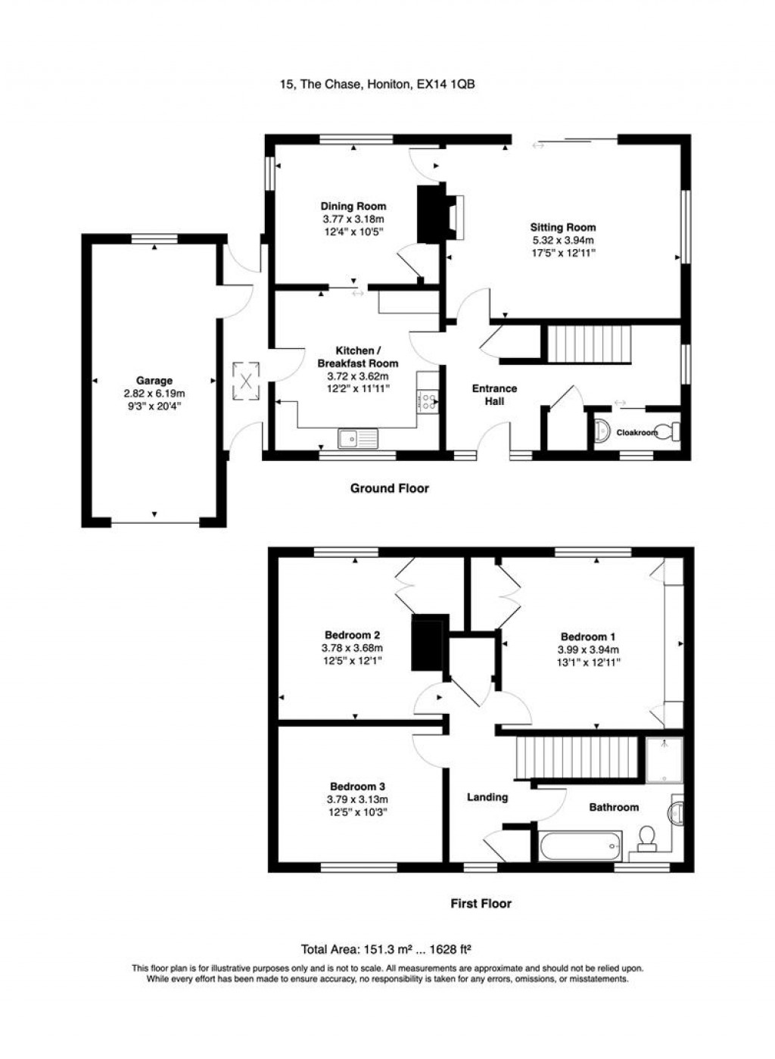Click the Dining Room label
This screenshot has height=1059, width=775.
click(x=353, y=207)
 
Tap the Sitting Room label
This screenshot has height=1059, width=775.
click(x=562, y=227)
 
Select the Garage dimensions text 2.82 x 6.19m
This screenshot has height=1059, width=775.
click(x=154, y=394)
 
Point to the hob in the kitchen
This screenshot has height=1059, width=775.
click(x=428, y=402)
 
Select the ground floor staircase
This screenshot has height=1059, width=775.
click(x=589, y=344)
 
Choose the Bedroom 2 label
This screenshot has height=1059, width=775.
click(x=352, y=636)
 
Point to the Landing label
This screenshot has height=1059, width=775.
click(x=487, y=797)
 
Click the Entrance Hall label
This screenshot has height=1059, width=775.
click(x=494, y=394)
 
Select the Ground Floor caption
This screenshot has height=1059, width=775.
click(x=389, y=488)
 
